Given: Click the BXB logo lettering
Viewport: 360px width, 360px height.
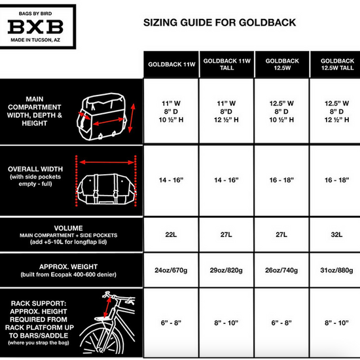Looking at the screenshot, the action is pos(35,27).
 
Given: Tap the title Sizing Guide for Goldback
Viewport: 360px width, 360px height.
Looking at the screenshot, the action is pos(220,22).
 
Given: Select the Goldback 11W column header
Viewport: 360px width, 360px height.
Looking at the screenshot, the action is pos(171,64).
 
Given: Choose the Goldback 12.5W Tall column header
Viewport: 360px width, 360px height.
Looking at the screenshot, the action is pos(337,64).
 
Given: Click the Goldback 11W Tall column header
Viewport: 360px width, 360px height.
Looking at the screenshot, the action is pos(227,64).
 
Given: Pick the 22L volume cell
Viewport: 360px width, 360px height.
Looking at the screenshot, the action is pos(171,234).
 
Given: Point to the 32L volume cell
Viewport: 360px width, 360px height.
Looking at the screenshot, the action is pos(336,234).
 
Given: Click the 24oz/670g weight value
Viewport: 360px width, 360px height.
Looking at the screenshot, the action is pos(171,270).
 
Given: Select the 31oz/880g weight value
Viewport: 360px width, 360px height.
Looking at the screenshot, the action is pos(336,270).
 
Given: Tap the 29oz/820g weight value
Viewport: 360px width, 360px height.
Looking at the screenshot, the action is pos(226,270).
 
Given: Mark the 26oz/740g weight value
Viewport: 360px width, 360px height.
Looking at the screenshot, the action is pos(281,270).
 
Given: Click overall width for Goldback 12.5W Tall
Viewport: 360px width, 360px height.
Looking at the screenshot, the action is pos(336,180).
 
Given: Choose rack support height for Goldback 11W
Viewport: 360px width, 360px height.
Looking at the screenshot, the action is pos(171,323).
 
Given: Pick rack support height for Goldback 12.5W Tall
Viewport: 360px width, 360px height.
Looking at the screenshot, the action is pos(336,323).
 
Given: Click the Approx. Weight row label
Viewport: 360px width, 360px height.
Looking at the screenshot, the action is pos(69,270).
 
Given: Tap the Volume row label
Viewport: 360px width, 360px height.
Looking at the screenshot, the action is pos(69,234).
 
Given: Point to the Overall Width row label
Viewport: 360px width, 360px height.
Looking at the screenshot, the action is pos(35,176).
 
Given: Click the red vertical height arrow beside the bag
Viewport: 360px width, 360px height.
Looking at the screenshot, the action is pos(132,118).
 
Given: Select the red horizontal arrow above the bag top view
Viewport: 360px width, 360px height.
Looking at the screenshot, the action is pos(107,162).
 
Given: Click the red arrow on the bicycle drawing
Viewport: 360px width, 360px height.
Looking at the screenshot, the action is pos(107,307).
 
